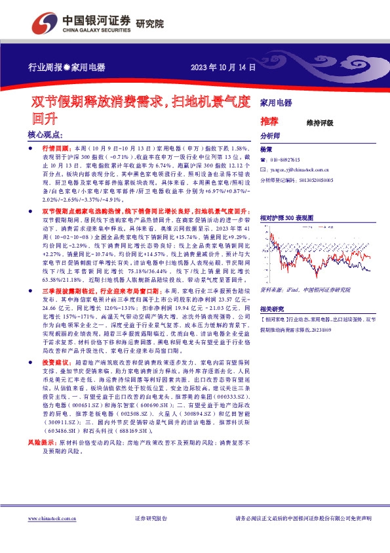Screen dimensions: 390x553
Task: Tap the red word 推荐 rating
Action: (x=269, y=122)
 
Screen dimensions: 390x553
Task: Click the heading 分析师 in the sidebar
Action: (x=270, y=136)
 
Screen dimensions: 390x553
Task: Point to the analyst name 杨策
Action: (x=265, y=150)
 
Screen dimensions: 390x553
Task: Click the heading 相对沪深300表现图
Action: (x=287, y=216)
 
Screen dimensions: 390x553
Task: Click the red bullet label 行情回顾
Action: (x=56, y=150)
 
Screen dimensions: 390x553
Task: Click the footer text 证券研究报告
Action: (x=151, y=537)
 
